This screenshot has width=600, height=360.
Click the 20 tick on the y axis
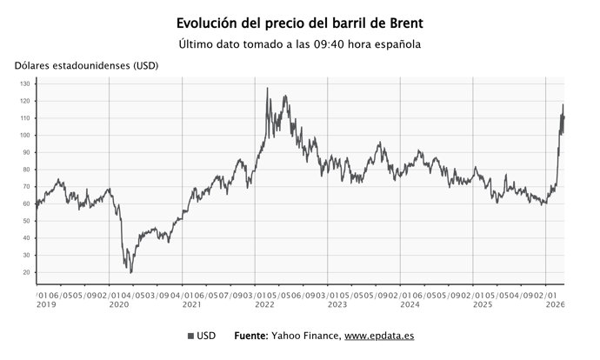[26, 272]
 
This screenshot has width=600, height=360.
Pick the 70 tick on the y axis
[26, 187]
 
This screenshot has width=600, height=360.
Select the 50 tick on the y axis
[26, 221]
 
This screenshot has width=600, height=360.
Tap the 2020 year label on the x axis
[117, 304]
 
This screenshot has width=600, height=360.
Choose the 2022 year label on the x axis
[263, 304]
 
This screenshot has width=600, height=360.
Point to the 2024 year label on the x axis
[410, 304]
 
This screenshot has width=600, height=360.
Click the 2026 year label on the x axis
[555, 304]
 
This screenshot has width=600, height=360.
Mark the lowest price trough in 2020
[131, 272]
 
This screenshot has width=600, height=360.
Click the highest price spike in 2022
[267, 89]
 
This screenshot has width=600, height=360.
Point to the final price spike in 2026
[563, 105]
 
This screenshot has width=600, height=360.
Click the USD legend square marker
[190, 336]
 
